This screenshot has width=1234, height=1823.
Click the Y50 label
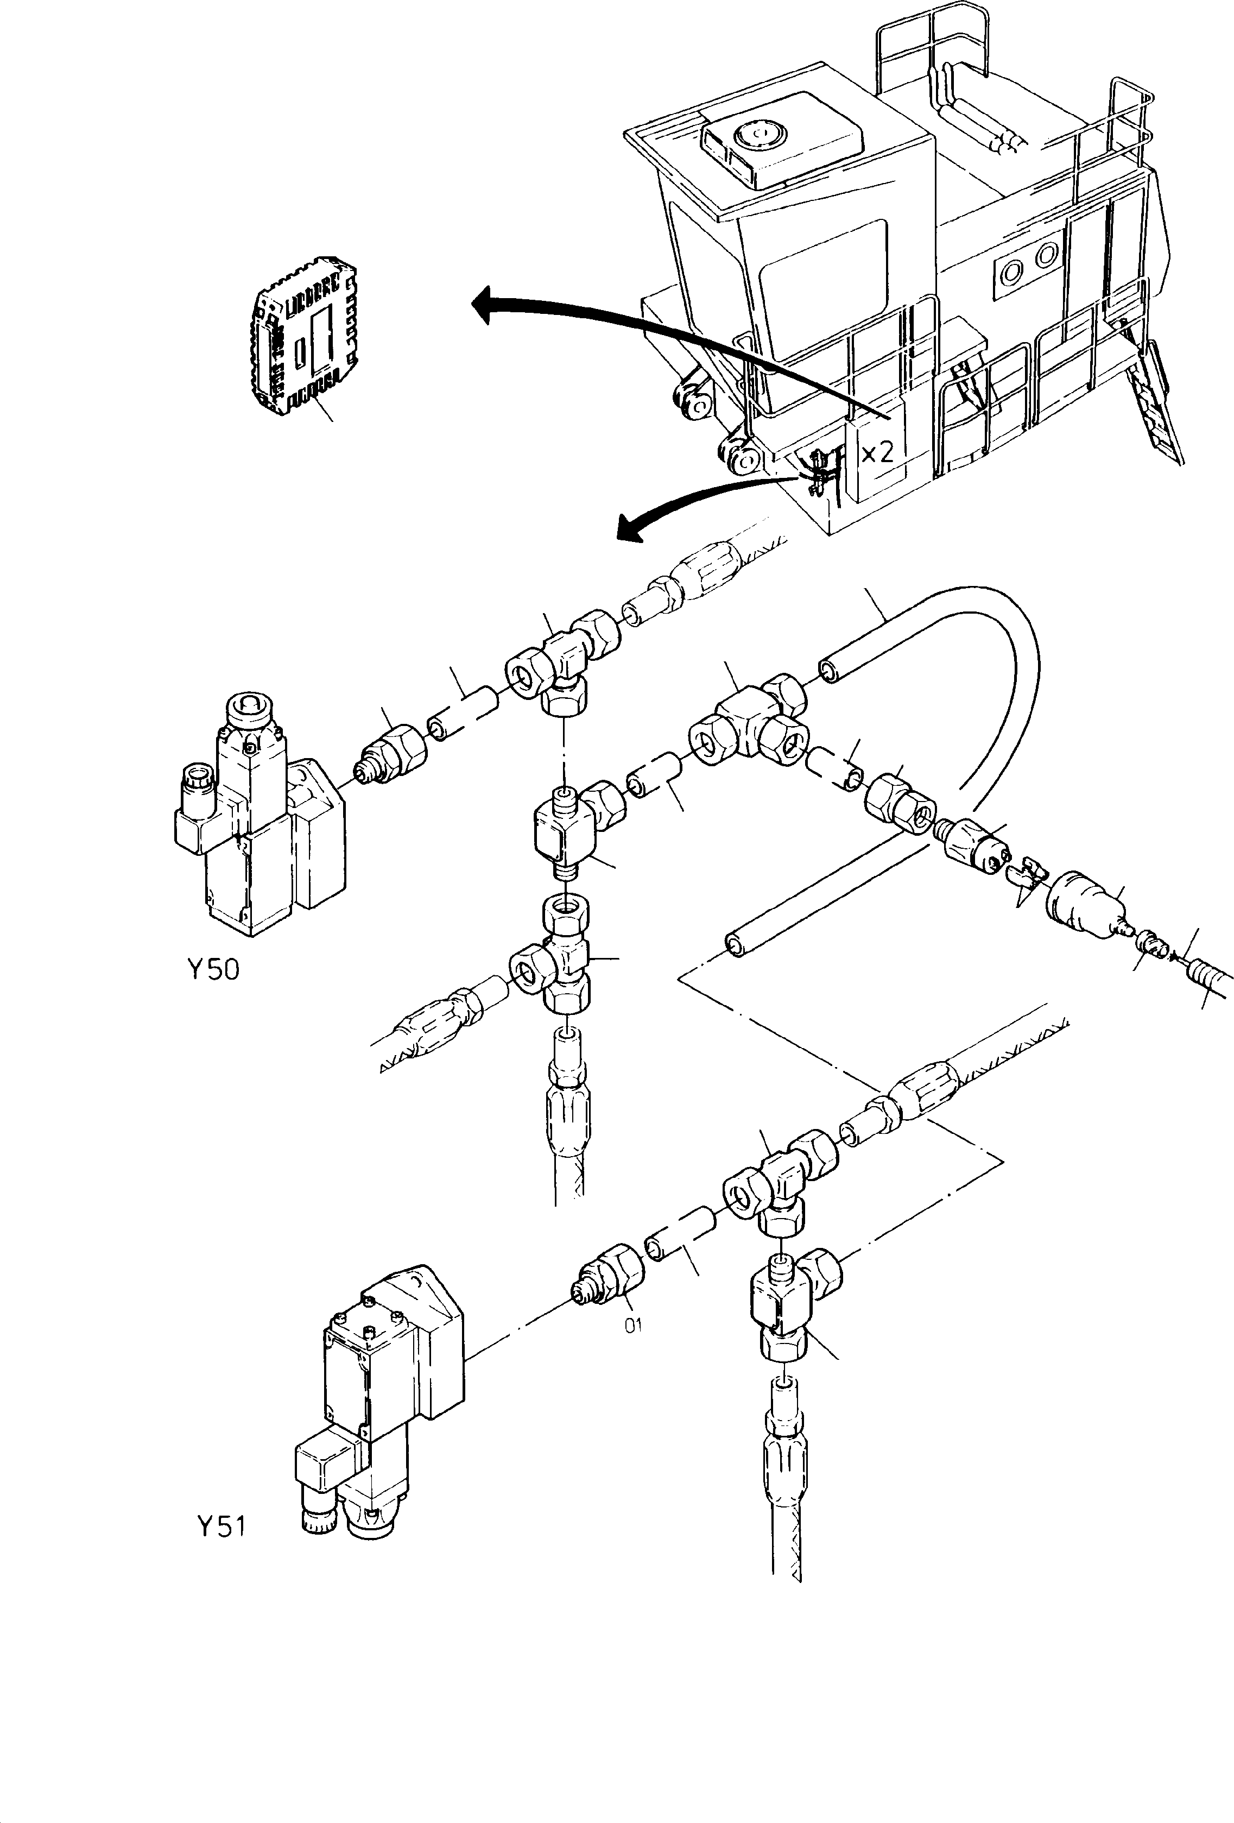click(x=213, y=970)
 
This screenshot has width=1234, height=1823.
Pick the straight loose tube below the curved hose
click(x=815, y=894)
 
